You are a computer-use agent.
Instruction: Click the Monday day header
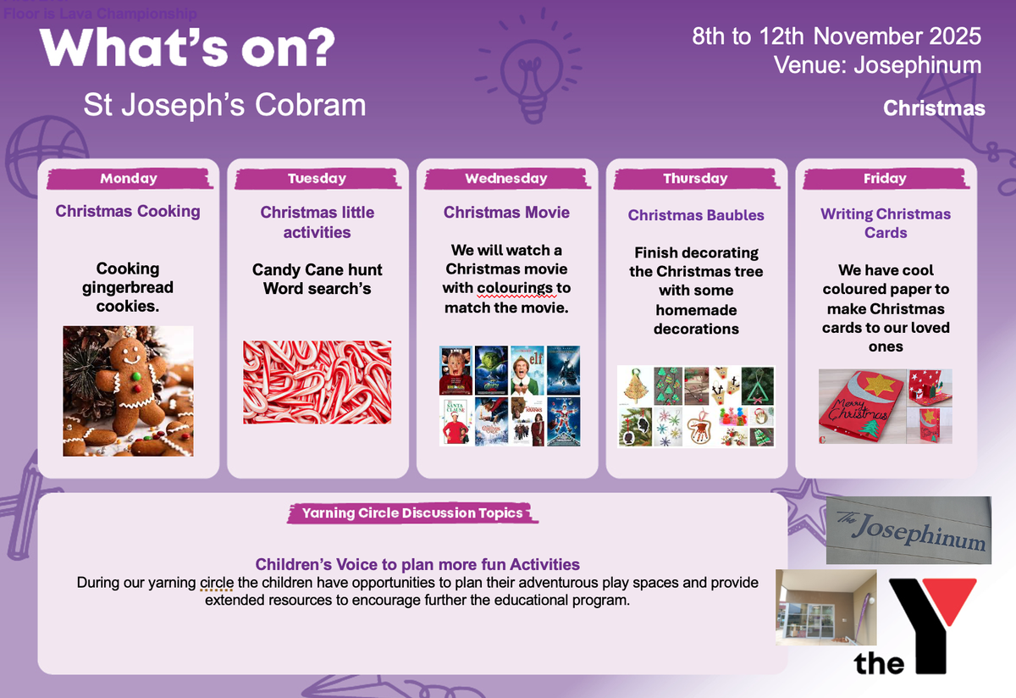[130, 179]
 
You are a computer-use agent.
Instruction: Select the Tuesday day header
[317, 179]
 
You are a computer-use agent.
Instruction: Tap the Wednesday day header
[506, 179]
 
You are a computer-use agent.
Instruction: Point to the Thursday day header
[696, 179]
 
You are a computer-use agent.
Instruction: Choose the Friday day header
[886, 179]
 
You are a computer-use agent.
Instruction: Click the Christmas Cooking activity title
[128, 212]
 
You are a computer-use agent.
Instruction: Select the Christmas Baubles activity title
[696, 215]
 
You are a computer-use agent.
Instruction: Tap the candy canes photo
[317, 382]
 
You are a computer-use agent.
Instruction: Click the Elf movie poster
[527, 370]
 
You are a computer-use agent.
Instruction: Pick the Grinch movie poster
[492, 370]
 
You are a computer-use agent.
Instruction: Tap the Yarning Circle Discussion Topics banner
[413, 512]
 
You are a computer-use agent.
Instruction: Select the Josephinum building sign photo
[908, 530]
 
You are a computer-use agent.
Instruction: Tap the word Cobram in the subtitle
[310, 105]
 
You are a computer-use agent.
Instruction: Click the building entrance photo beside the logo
[826, 607]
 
